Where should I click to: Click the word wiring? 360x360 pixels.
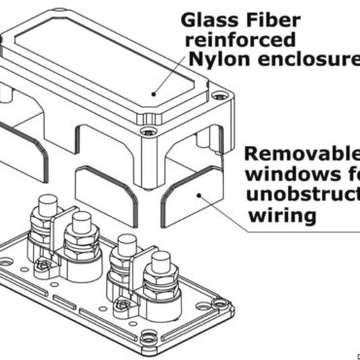pos(279,217)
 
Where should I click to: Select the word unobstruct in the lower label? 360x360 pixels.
pos(303,196)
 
